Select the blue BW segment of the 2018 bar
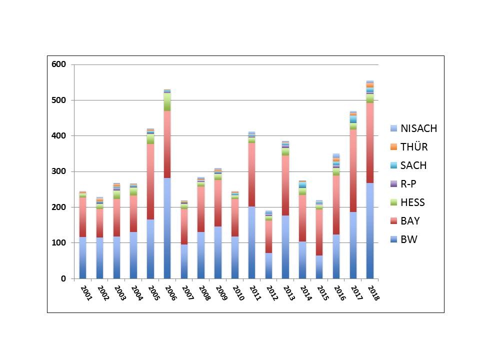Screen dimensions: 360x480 click(x=370, y=230)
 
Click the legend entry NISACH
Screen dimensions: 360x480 click(x=419, y=128)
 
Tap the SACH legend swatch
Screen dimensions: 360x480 click(x=393, y=165)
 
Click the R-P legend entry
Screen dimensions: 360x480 click(x=408, y=184)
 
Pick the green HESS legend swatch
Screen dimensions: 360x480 click(x=393, y=202)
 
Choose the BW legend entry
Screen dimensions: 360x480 click(x=408, y=239)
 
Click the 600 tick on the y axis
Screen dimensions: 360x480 click(x=59, y=64)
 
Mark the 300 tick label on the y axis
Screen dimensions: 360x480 click(x=59, y=171)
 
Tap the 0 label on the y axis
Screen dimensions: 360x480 click(x=63, y=278)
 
